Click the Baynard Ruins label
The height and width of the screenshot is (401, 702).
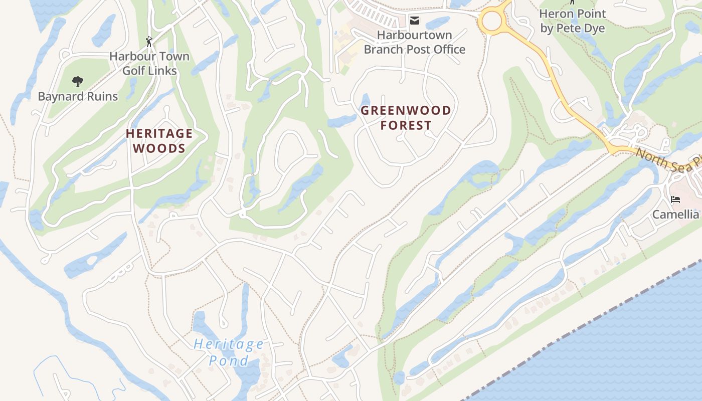pyautogui.click(x=78, y=96)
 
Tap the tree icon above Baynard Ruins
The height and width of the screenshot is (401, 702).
pyautogui.click(x=77, y=81)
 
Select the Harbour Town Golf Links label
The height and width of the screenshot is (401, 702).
pyautogui.click(x=149, y=63)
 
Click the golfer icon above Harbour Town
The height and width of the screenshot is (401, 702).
pyautogui.click(x=149, y=42)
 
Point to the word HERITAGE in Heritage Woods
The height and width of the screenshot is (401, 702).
pyautogui.click(x=159, y=133)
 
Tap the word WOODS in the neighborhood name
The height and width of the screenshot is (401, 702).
pyautogui.click(x=159, y=148)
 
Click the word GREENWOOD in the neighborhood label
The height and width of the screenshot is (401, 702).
pyautogui.click(x=406, y=110)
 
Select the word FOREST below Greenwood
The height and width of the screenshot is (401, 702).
pyautogui.click(x=406, y=125)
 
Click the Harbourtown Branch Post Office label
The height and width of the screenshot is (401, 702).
pyautogui.click(x=414, y=42)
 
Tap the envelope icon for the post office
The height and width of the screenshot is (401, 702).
pyautogui.click(x=414, y=21)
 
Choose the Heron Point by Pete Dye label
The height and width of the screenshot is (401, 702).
pyautogui.click(x=572, y=21)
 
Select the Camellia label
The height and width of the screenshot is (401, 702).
pyautogui.click(x=675, y=215)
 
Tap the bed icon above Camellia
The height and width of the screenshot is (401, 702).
pyautogui.click(x=675, y=199)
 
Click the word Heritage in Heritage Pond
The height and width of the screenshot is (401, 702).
pyautogui.click(x=229, y=344)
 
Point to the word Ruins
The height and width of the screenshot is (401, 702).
pyautogui.click(x=101, y=96)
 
